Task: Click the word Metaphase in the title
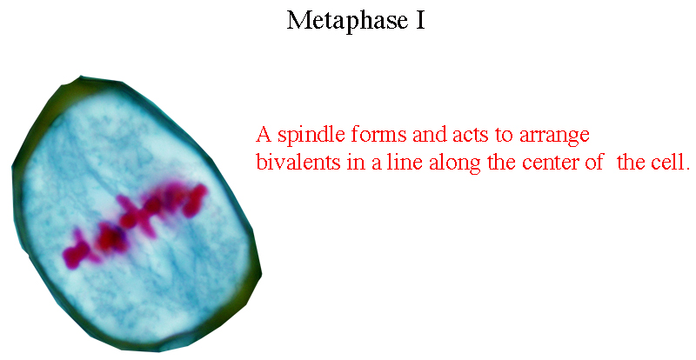point(347,21)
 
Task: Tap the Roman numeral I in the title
point(420,20)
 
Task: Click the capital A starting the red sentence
point(264,134)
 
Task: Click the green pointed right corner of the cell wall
point(258,270)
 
